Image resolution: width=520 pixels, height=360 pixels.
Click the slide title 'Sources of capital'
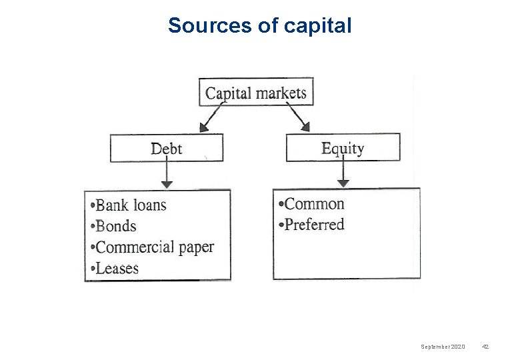259,25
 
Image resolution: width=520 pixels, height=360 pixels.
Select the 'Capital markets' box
256,92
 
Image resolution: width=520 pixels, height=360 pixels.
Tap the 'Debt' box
166,148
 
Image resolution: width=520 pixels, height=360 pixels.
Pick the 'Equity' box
343,147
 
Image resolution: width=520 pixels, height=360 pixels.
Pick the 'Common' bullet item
311,203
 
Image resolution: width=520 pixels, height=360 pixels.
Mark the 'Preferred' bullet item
311,225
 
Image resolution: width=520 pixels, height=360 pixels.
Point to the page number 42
485,347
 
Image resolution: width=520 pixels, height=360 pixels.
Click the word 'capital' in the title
317,25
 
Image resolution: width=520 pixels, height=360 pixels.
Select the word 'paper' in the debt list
197,247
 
